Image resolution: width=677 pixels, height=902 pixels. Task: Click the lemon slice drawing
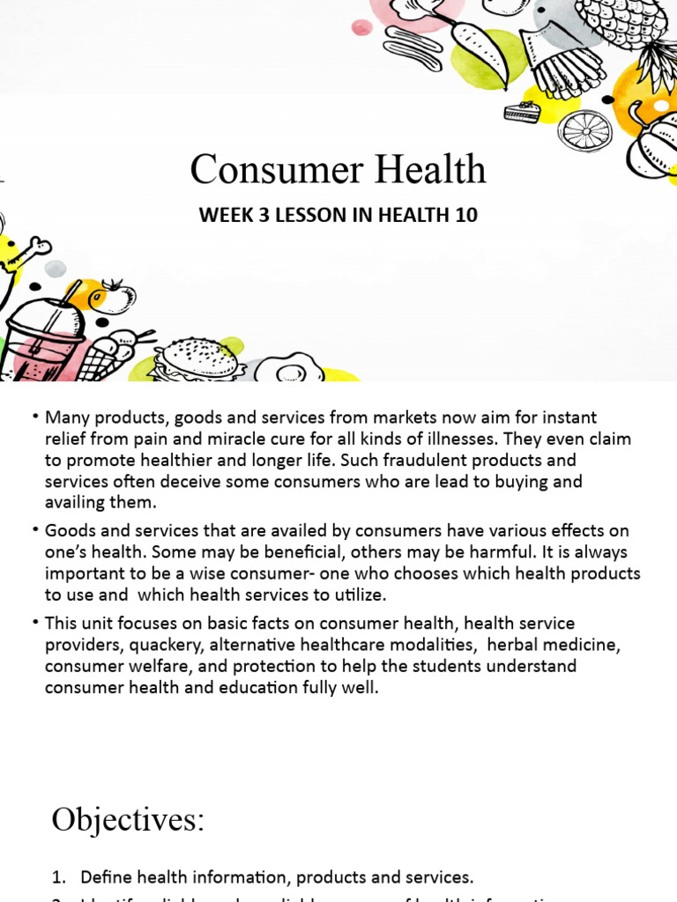[585, 130]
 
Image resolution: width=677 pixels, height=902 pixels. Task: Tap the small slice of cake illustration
[522, 112]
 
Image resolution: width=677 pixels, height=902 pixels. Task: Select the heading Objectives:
[128, 819]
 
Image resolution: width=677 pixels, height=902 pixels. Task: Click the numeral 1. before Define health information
[59, 876]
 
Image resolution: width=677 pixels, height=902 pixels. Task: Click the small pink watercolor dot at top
[361, 27]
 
